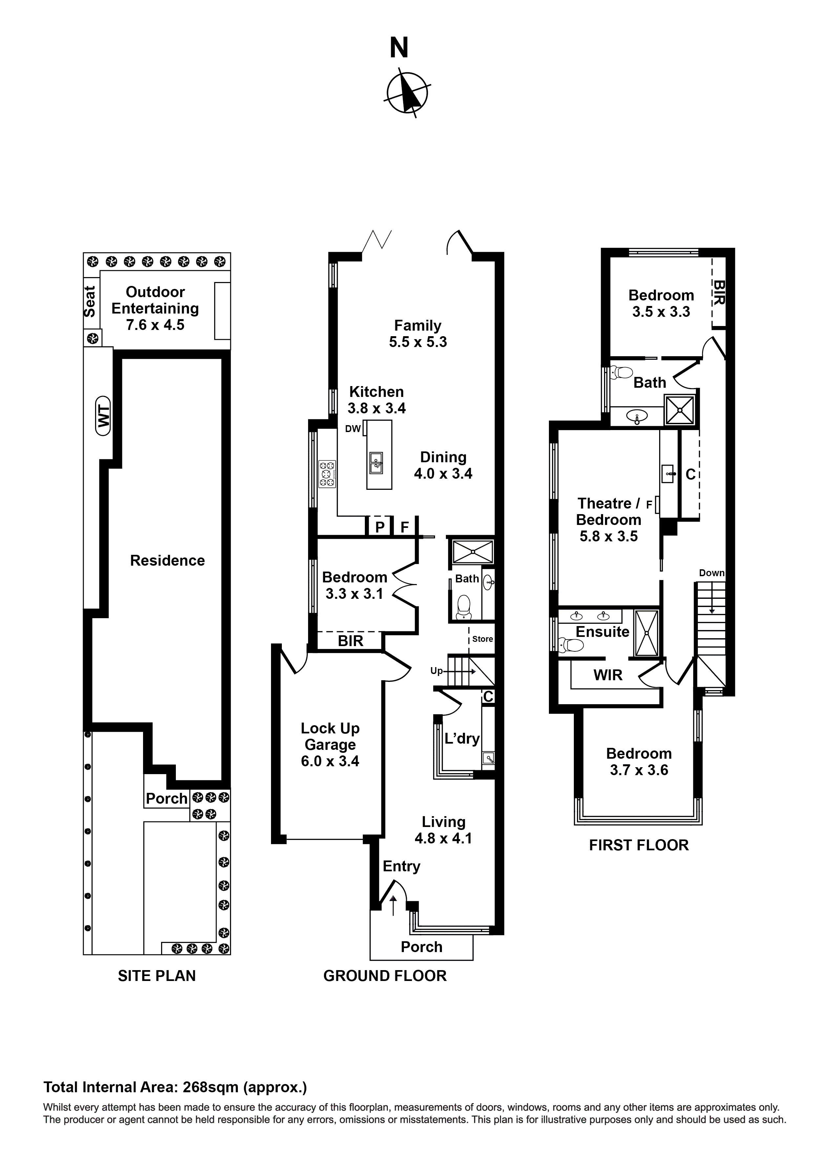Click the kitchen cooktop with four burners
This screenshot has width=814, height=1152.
[x=327, y=474]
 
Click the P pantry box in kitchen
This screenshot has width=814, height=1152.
[x=380, y=527]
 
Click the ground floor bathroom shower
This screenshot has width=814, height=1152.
[x=472, y=552]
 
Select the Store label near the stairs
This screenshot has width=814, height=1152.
[x=483, y=639]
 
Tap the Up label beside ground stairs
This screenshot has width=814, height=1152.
[x=436, y=671]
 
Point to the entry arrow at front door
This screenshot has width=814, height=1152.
[x=393, y=905]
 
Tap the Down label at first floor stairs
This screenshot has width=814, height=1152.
[x=712, y=573]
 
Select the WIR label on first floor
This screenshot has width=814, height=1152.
[x=608, y=675]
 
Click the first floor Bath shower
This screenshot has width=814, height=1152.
[x=679, y=410]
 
